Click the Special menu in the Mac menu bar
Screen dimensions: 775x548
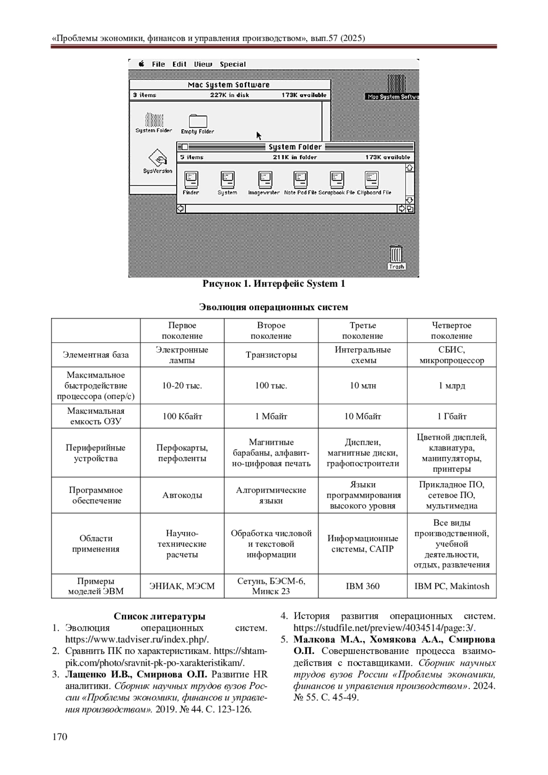click(x=232, y=64)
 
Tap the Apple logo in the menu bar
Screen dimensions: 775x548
click(x=142, y=64)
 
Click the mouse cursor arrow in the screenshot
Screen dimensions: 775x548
click(x=258, y=136)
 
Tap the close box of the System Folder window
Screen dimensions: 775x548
click(x=184, y=147)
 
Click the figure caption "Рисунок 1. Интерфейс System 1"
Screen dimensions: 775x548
click(x=274, y=284)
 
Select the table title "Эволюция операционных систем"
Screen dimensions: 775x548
click(x=274, y=307)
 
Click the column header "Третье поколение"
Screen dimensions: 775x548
click(x=363, y=331)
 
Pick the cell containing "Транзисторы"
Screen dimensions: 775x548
click(x=271, y=355)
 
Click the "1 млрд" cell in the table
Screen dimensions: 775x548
click(x=452, y=385)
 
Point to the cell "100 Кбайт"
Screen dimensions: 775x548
click(x=182, y=416)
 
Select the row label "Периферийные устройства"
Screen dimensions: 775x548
click(x=96, y=453)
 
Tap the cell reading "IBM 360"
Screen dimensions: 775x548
click(x=363, y=586)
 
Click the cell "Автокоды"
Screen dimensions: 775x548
click(x=182, y=495)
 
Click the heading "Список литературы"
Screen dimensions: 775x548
click(x=159, y=616)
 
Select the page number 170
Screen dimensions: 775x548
click(x=60, y=737)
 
